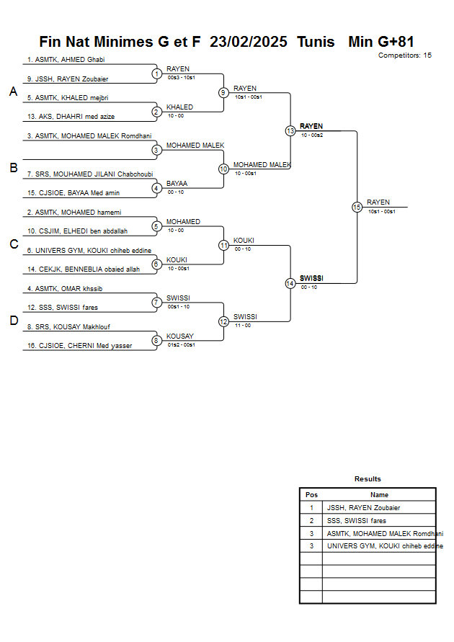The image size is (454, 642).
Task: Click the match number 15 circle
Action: coord(357,207)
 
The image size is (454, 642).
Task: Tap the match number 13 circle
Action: coord(290,131)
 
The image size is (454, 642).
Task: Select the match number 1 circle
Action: coord(156,73)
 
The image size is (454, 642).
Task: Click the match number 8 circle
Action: coord(156,341)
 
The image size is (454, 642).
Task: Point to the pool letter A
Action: coord(13,92)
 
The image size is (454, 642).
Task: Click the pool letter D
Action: coord(13,321)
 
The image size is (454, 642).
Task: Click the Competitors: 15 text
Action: coord(404,55)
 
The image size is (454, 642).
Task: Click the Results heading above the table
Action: coord(368,478)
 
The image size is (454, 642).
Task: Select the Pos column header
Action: coord(311,495)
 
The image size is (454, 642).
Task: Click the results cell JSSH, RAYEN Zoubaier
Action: coord(362,507)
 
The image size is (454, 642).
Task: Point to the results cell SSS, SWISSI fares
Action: coord(356,520)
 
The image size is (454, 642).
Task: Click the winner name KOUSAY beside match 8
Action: coord(179,336)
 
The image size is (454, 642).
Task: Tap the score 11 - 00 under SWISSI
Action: coord(242,325)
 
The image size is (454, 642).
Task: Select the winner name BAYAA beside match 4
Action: coord(177,184)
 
